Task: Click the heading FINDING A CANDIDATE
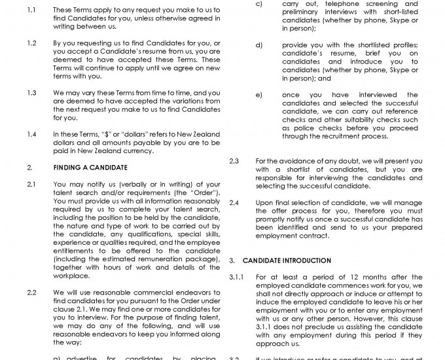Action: [x=85, y=168]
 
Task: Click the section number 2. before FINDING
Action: [x=30, y=168]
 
